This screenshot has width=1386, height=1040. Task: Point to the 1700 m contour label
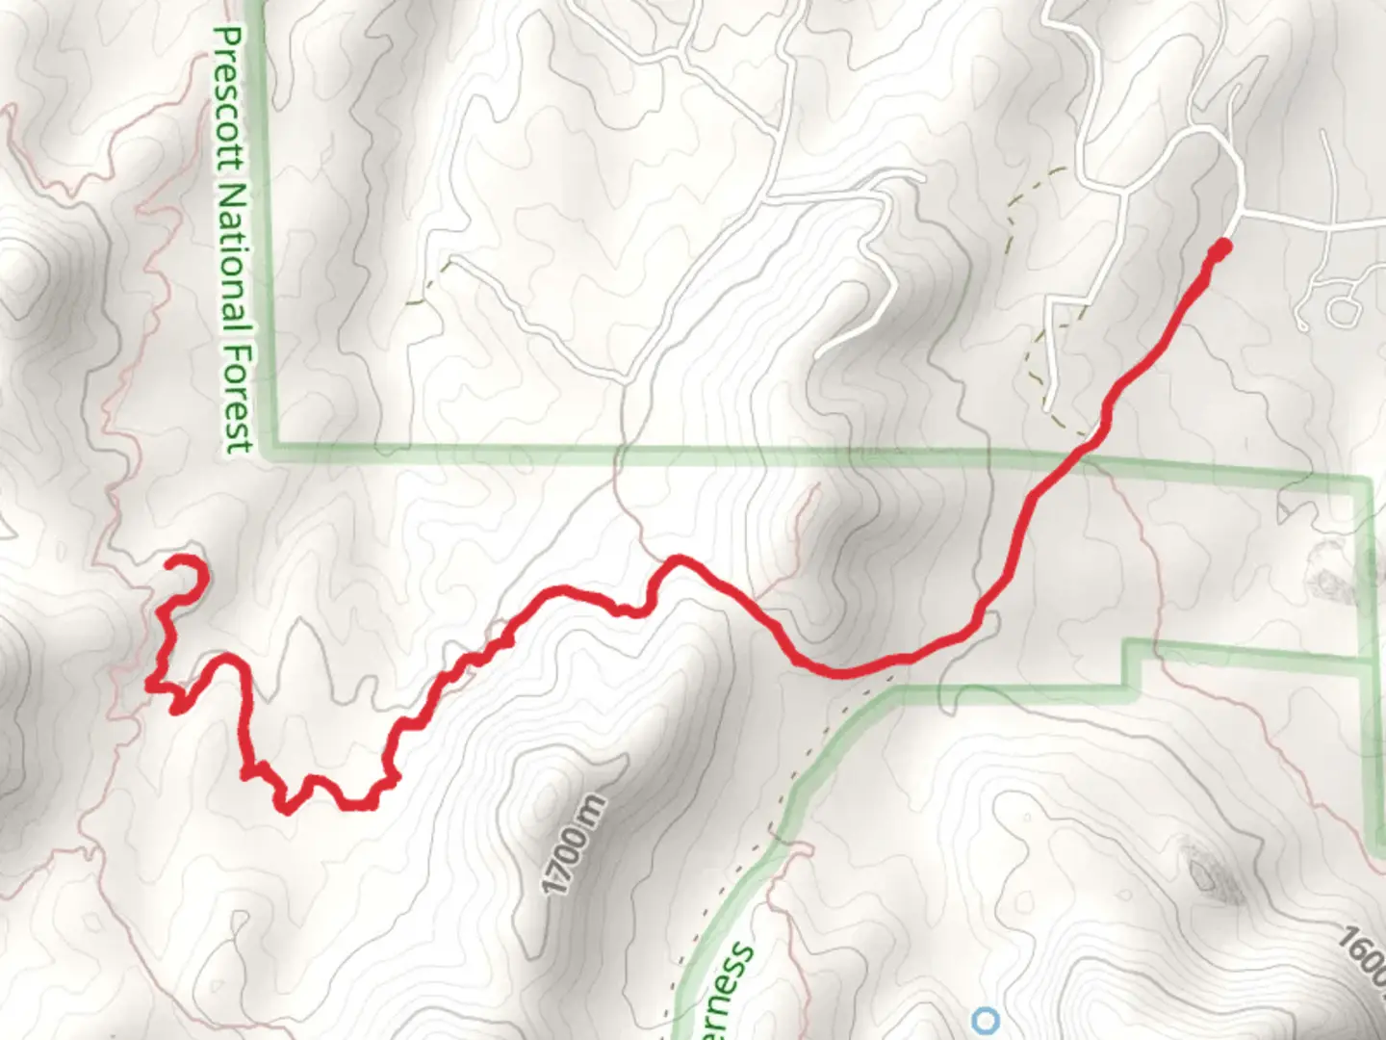pyautogui.click(x=575, y=845)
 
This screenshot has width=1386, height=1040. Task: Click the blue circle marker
pyautogui.click(x=986, y=1019)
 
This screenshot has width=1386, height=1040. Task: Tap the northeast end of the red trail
pyautogui.click(x=1220, y=248)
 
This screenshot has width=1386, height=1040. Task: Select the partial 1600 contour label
pyautogui.click(x=1363, y=953)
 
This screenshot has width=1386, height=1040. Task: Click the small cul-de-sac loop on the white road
pyautogui.click(x=1342, y=310)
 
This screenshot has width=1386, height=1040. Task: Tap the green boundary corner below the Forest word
pyautogui.click(x=275, y=446)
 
